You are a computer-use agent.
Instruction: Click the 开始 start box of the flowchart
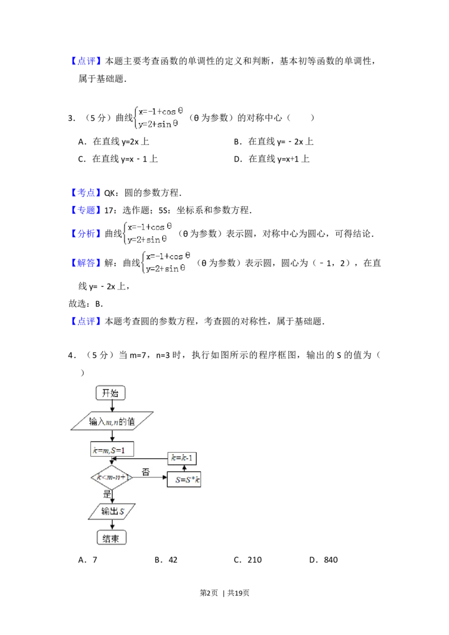click(x=111, y=393)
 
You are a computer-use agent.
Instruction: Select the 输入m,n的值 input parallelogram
click(x=112, y=422)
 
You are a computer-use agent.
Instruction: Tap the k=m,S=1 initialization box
click(x=112, y=450)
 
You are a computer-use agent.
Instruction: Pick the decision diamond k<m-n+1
click(x=112, y=477)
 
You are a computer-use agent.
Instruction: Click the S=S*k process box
click(x=184, y=480)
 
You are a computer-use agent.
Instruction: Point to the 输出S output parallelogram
click(x=113, y=512)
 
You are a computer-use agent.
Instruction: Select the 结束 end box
click(x=112, y=539)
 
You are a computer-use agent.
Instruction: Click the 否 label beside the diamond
click(x=145, y=472)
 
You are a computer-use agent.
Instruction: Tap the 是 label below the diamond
click(x=107, y=495)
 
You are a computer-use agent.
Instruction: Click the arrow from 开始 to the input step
click(x=112, y=406)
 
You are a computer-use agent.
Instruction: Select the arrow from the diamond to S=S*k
click(x=149, y=478)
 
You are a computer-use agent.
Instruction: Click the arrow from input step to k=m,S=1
click(x=112, y=436)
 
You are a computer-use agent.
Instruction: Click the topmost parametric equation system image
click(x=160, y=117)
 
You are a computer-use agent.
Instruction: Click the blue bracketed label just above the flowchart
click(x=87, y=321)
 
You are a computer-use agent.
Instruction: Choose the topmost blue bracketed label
click(x=87, y=61)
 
